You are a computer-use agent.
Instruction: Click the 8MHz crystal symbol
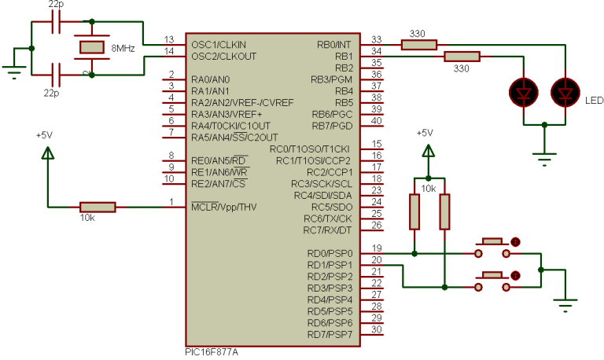pos(91,47)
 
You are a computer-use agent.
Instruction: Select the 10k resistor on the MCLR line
pos(98,207)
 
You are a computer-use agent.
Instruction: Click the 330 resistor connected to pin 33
pos(418,44)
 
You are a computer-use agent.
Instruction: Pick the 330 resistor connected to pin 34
pos(462,56)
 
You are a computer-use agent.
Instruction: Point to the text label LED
pos(595,101)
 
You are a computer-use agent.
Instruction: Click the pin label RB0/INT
pos(334,45)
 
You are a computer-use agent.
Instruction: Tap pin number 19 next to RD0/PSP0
pos(377,248)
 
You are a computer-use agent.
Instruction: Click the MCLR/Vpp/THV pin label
pos(224,207)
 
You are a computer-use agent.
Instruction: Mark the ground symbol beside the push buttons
pos(564,303)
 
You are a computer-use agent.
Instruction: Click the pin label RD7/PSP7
pos(330,335)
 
